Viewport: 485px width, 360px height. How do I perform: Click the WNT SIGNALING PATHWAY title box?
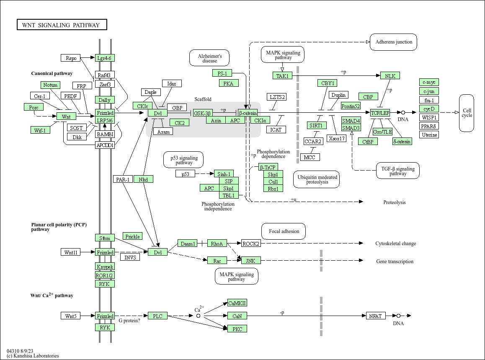coord(62,25)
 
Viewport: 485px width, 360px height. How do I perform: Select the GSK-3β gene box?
coord(203,113)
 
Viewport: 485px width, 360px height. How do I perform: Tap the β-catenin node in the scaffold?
coord(248,113)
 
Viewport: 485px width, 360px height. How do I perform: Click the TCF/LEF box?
coord(380,113)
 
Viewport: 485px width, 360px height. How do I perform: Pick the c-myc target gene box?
coord(429,82)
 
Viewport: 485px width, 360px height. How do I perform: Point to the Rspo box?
coord(71,58)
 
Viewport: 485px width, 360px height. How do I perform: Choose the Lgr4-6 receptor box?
coord(105,58)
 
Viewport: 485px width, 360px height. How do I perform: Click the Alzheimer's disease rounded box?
coord(210,58)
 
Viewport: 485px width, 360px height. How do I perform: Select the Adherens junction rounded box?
coord(393,42)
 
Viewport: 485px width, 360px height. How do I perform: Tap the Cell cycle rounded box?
coord(467,113)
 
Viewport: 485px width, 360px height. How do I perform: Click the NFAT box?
coord(375,316)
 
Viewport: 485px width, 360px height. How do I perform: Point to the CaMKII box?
coord(237,303)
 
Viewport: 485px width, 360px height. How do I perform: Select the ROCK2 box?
coord(251,243)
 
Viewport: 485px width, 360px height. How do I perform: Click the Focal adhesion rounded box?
coord(284,231)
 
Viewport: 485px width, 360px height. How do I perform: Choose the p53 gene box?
coord(185,174)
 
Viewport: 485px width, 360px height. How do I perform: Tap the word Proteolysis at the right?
coord(394,202)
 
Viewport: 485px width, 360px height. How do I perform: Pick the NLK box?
coord(390,76)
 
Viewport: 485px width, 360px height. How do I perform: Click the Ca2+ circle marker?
coord(199,316)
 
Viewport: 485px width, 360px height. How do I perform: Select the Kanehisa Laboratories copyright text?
coord(33,356)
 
